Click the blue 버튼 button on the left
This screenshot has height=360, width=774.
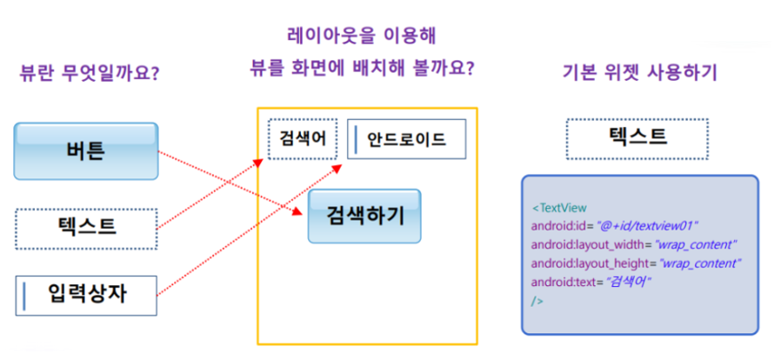(85, 150)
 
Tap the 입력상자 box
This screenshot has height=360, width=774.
(85, 294)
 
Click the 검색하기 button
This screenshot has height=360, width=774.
(364, 216)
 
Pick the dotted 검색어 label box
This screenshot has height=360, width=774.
(303, 138)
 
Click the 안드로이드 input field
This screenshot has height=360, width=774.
(406, 138)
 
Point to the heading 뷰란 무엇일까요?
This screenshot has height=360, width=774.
(89, 73)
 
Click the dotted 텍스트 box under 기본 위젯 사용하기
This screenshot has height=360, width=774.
(638, 137)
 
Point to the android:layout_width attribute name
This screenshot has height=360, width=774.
(579, 244)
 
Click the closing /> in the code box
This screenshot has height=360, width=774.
(537, 301)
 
